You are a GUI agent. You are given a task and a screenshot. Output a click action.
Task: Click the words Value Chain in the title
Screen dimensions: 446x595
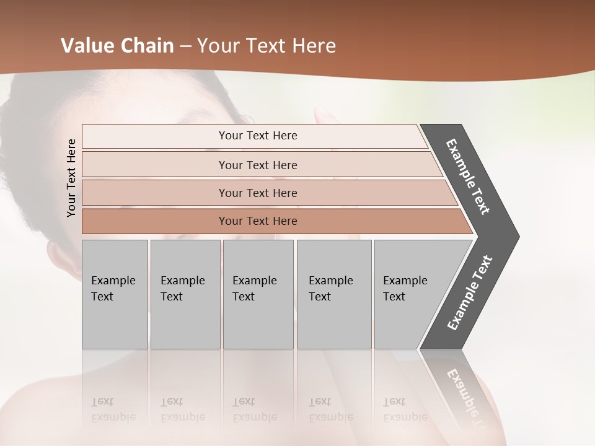pos(117,46)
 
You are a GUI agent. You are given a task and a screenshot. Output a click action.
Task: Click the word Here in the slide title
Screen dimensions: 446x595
pos(314,46)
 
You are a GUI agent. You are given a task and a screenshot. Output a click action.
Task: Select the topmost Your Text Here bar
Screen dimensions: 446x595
pos(257,136)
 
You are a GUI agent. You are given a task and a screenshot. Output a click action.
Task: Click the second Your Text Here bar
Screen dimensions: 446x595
pos(257,165)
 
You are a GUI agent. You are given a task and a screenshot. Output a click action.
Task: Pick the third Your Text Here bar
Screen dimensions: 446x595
pos(257,193)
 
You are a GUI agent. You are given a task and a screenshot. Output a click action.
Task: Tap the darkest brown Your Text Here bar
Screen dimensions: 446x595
pos(257,221)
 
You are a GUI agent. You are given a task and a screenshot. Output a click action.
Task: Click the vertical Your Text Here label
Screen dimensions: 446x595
pos(71,178)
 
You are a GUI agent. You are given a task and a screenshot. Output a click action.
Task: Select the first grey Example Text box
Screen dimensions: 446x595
pos(114,294)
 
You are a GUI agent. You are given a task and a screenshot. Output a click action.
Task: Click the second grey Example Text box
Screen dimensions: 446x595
pos(185,294)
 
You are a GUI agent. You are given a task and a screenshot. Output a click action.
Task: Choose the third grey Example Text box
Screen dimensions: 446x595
pos(257,294)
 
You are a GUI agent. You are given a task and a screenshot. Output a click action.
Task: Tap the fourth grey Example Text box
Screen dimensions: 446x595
pos(333,294)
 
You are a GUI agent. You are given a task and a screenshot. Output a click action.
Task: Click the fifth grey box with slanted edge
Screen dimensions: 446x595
pos(409,294)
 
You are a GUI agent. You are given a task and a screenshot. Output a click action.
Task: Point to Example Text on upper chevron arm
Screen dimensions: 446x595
pos(468,177)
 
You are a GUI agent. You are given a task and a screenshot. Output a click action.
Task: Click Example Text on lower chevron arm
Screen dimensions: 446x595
pos(469,293)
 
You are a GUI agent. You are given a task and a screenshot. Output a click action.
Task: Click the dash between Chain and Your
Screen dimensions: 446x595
pos(185,46)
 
